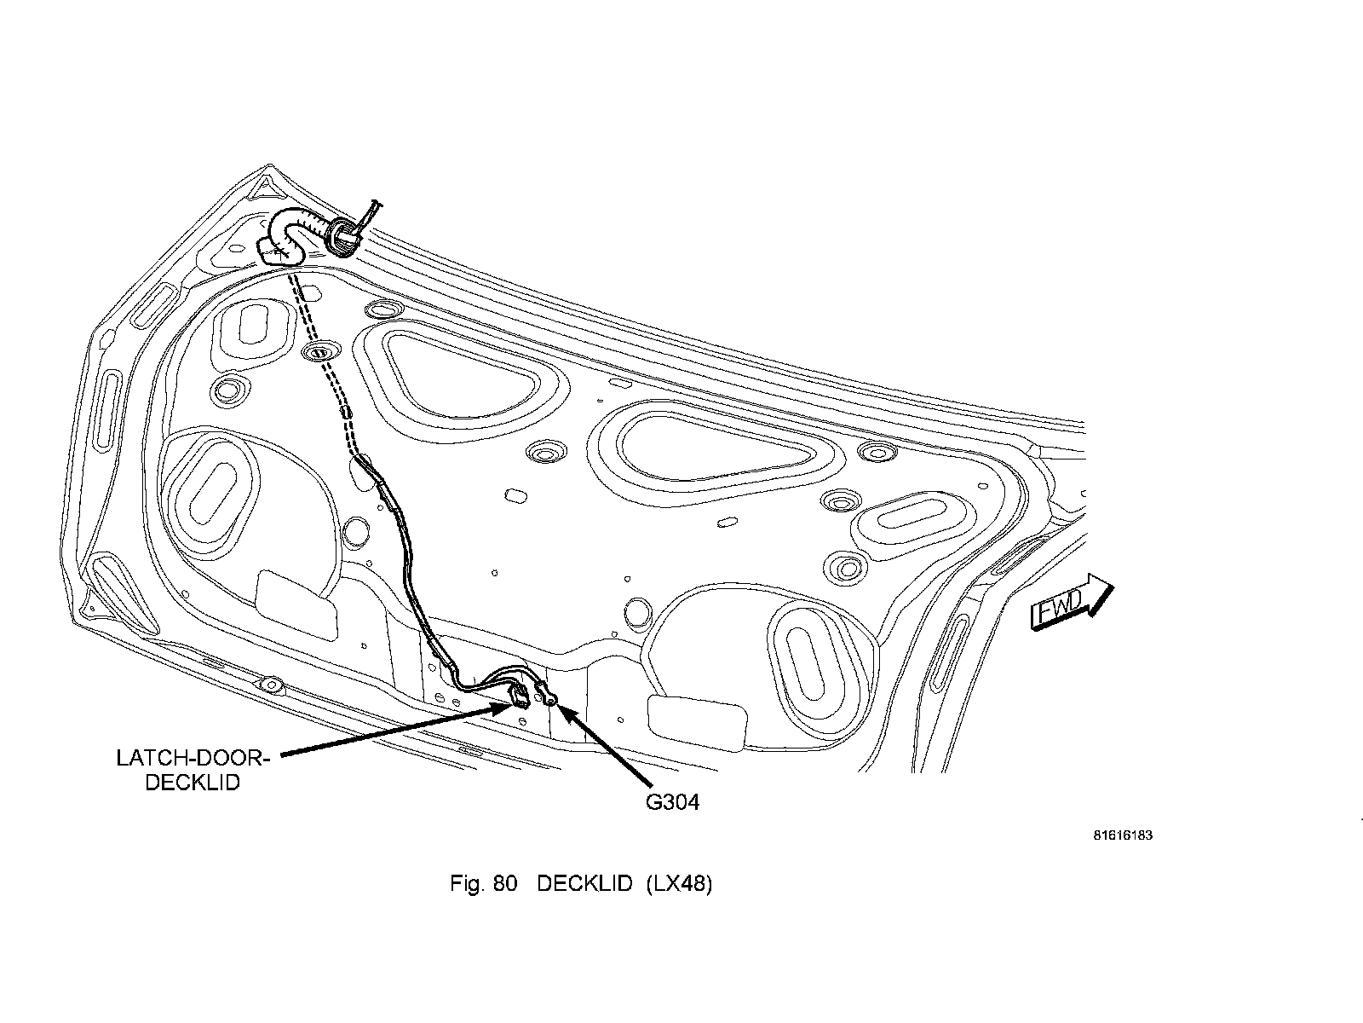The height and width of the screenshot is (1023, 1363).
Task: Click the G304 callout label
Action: [672, 802]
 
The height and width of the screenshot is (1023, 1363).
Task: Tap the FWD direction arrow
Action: [1072, 603]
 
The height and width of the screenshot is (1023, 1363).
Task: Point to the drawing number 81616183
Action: [1123, 835]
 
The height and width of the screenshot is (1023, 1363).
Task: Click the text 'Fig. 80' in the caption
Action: [483, 884]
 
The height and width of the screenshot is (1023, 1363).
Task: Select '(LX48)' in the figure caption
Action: [678, 884]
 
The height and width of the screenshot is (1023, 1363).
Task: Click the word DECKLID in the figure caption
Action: [584, 884]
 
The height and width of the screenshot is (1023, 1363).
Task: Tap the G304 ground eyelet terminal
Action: [549, 699]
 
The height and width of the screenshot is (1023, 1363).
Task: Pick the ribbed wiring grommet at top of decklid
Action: [342, 236]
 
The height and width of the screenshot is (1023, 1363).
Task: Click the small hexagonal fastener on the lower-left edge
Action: [270, 684]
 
